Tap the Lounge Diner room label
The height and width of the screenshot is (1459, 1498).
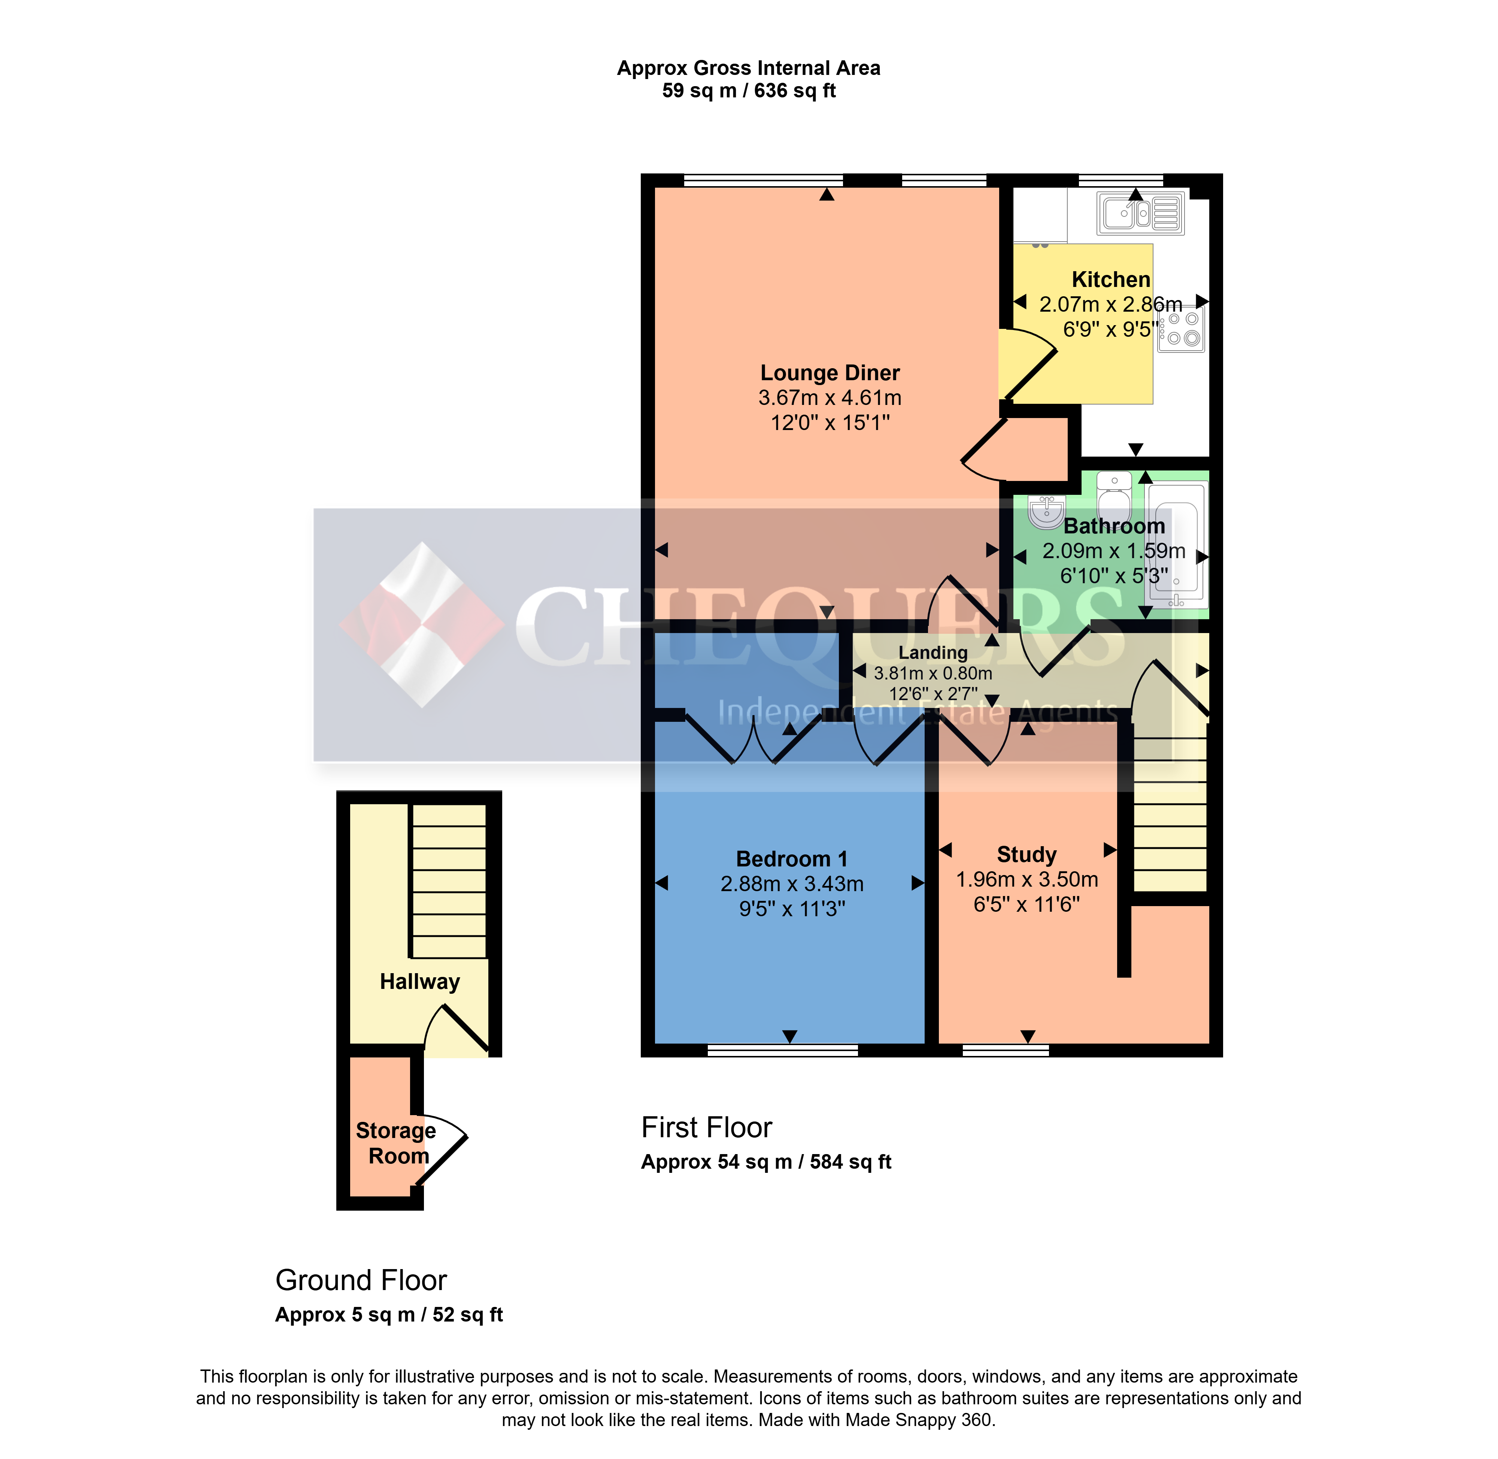pyautogui.click(x=830, y=373)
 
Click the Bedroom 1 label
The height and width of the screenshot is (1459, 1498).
pyautogui.click(x=792, y=859)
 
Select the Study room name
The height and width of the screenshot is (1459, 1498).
pyautogui.click(x=1027, y=854)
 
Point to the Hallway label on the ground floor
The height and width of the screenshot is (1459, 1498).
pyautogui.click(x=420, y=982)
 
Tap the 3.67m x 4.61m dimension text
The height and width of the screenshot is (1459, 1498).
pyautogui.click(x=830, y=398)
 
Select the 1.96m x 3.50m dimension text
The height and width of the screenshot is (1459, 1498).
pyautogui.click(x=1027, y=880)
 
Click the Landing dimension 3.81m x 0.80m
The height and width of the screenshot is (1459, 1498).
pyautogui.click(x=933, y=673)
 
